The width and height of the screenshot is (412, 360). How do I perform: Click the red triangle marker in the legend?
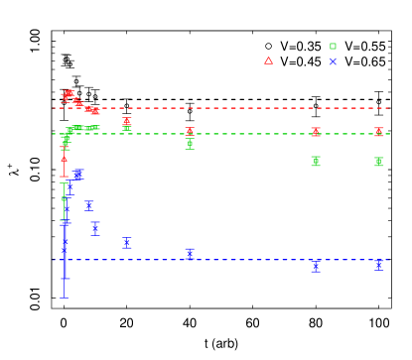268,60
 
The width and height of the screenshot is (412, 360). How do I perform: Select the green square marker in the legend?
333,46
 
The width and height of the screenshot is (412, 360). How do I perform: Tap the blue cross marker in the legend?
333,61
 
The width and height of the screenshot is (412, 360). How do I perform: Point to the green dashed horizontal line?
248,133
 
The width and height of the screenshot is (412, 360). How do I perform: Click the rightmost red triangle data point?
378,131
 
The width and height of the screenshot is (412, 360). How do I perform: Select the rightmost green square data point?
378,161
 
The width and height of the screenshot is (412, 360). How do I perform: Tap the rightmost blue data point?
378,265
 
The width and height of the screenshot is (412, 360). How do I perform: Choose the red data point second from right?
316,131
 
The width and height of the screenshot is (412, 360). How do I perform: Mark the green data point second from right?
316,161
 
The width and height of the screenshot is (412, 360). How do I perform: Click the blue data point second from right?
316,266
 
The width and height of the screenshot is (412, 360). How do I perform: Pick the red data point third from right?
190,131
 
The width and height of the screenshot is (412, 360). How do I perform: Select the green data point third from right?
190,144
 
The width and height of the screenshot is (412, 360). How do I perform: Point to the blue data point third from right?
190,254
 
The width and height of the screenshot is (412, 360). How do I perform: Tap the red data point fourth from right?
127,121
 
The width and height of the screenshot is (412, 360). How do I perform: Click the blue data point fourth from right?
126,242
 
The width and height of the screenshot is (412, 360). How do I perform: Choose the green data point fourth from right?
127,126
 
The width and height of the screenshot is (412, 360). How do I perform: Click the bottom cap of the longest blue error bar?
65,298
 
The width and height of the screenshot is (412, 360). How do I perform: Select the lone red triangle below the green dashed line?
65,159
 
